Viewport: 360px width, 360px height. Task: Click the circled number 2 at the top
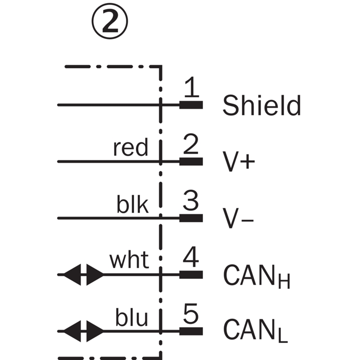[x=110, y=23]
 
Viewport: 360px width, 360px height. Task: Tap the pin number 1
[x=192, y=88]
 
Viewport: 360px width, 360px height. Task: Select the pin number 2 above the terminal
[x=191, y=145]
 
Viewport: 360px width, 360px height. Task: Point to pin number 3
[x=191, y=202]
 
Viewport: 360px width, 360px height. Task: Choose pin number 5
[x=191, y=315]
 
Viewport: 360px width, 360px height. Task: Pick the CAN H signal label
[x=257, y=276]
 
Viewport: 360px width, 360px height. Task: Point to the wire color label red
[x=130, y=148]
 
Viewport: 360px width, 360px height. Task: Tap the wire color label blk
[x=132, y=205]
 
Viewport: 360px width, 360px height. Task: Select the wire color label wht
[x=129, y=261]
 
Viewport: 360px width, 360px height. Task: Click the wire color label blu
[x=131, y=318]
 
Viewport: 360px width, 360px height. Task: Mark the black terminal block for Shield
[x=191, y=105]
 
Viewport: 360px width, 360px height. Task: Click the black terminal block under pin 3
[x=191, y=219]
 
